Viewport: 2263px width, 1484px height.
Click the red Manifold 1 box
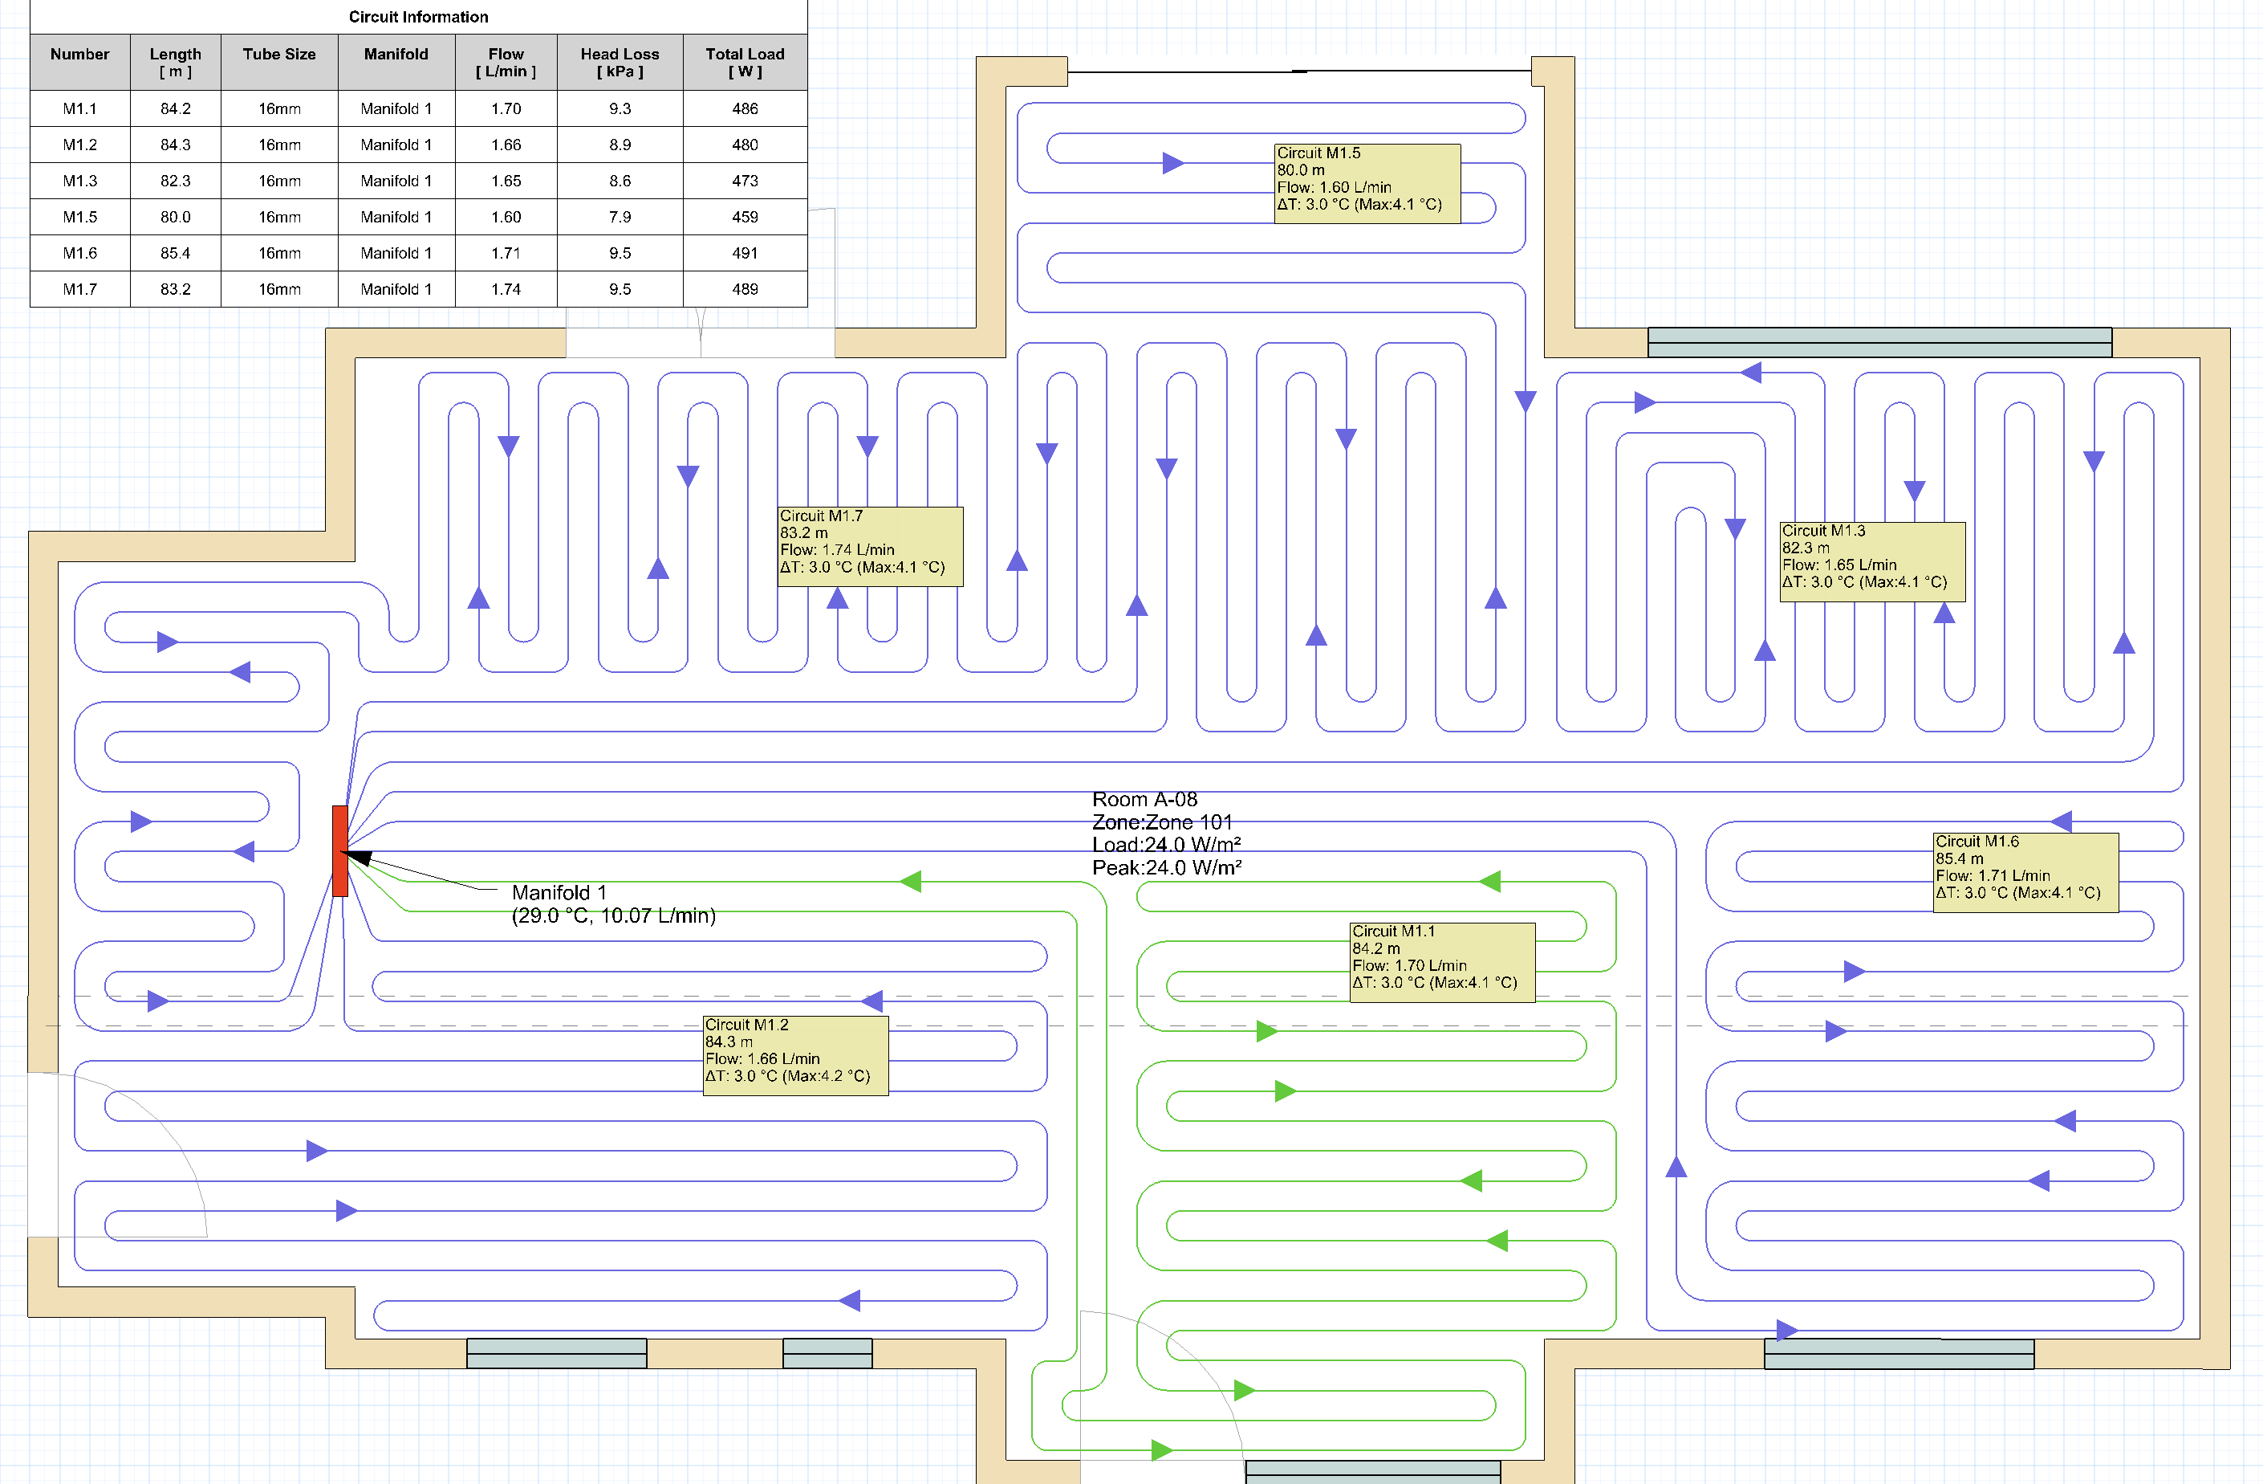tap(339, 850)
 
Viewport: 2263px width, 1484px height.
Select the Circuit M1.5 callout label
tap(1367, 184)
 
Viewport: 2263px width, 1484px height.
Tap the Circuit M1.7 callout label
tap(870, 546)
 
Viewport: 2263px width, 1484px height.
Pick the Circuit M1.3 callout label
tap(1872, 561)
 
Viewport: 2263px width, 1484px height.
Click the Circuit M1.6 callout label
tap(2025, 872)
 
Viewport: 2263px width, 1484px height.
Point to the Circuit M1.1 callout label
tap(1442, 962)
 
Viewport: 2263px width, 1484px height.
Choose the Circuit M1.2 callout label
tap(795, 1056)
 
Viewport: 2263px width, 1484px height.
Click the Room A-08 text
tap(1145, 799)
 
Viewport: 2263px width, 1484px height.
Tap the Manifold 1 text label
tap(559, 892)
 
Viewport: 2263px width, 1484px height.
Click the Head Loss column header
tap(620, 63)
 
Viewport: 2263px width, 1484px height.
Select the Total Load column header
tap(746, 63)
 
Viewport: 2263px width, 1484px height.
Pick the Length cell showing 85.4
tap(175, 253)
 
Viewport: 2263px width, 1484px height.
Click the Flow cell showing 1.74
tap(506, 289)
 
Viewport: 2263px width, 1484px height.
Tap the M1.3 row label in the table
tap(80, 181)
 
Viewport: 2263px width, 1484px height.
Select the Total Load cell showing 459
tap(746, 217)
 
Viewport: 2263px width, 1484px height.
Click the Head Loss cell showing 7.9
tap(620, 217)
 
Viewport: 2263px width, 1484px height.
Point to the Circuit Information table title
tap(418, 17)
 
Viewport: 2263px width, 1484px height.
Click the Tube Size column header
tap(279, 55)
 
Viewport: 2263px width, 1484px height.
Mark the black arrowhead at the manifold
tap(359, 857)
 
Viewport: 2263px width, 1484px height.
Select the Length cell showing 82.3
tap(175, 181)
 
